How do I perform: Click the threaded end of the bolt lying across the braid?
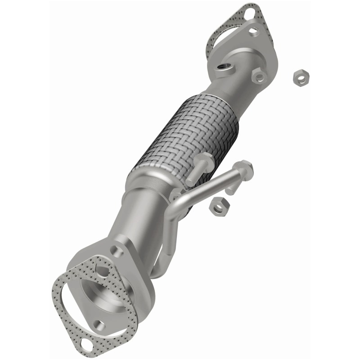pyautogui.click(x=191, y=180)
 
